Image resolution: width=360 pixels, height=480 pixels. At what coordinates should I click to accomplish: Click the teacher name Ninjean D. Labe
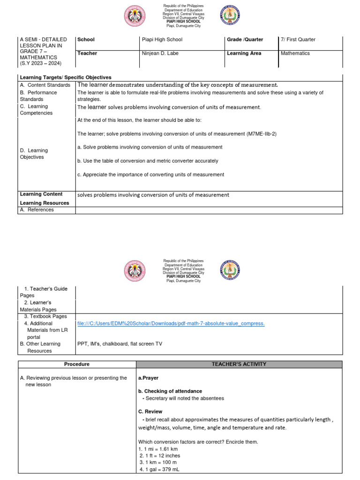coord(160,53)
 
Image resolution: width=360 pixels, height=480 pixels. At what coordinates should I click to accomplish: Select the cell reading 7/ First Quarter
coord(298,40)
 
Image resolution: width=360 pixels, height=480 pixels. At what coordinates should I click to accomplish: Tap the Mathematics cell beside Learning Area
coord(295,53)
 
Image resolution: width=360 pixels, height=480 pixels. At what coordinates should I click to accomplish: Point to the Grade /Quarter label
coord(245,40)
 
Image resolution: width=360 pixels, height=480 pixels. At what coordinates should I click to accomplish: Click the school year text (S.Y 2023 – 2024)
coord(40,63)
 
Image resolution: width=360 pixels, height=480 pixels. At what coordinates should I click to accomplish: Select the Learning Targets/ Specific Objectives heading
coord(66,77)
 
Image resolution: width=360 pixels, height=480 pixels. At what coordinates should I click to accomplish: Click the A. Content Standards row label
coord(45,85)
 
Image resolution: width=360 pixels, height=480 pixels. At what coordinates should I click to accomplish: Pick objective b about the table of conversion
coord(148,161)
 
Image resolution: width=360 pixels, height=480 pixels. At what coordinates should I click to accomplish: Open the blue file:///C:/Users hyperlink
coord(171,323)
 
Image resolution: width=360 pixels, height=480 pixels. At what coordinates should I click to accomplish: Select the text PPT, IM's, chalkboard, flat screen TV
coord(120,344)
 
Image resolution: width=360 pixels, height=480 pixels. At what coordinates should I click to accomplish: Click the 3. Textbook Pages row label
coord(45,316)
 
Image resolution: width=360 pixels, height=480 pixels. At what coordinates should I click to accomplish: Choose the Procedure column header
coord(77,364)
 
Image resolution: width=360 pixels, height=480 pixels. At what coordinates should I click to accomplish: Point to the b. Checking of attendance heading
coord(170,391)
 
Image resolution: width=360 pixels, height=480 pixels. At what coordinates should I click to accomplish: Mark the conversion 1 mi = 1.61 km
coord(159,449)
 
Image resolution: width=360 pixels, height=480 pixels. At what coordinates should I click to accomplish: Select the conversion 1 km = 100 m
coord(158,463)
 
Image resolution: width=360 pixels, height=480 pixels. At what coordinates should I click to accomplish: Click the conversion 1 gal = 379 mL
coord(159,470)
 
